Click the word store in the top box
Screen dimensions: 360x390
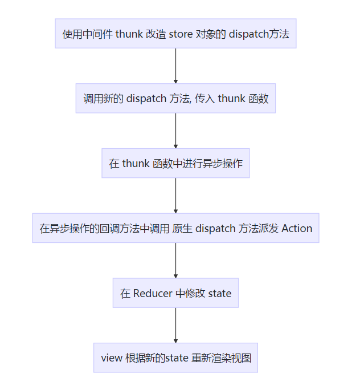181,34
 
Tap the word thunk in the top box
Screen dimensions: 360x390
129,34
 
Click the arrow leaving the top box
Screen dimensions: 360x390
175,66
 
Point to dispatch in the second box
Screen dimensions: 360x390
146,99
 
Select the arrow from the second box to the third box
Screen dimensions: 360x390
175,131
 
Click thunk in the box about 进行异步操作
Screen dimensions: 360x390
136,164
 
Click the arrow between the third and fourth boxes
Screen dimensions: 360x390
175,196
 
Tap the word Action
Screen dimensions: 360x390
297,228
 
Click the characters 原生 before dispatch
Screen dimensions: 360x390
182,228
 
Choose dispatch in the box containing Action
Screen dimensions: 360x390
215,229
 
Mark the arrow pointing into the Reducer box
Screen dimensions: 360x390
175,261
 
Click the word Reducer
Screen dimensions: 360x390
153,293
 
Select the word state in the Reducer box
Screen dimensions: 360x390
220,294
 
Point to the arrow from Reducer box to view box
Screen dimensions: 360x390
175,326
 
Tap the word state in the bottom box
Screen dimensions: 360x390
177,358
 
